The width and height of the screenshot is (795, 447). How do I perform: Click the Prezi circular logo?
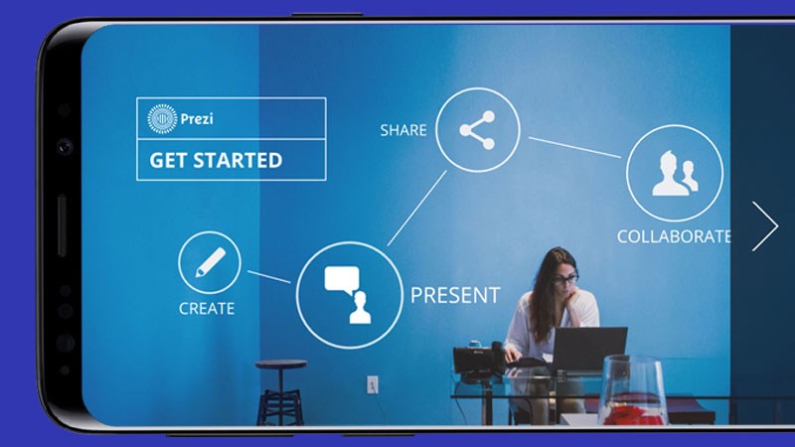point(162,118)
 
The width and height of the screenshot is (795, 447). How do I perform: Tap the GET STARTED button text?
point(216,161)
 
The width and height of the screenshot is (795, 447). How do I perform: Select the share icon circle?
point(478,130)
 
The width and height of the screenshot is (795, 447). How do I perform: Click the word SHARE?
point(403,130)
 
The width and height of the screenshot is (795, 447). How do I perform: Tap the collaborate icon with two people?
point(675,173)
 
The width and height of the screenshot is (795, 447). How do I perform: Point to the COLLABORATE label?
point(674,236)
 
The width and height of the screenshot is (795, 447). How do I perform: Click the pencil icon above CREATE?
point(210,262)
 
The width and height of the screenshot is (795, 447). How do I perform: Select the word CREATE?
point(207,309)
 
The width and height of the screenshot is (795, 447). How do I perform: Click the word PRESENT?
point(455,295)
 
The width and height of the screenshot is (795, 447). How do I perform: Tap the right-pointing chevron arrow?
point(765,226)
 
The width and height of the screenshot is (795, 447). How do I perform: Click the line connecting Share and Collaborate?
point(574,147)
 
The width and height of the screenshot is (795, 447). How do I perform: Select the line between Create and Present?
point(268,277)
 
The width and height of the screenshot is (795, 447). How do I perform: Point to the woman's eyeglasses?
point(565,279)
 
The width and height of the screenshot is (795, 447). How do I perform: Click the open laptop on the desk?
point(588,350)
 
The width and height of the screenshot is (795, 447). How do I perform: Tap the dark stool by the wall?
point(281,391)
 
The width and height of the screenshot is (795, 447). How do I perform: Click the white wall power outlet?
point(372,384)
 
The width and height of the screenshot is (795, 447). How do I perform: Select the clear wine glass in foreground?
point(633,389)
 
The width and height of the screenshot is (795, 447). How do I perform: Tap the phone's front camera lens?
point(65,147)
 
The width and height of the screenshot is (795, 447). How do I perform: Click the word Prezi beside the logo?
point(197,119)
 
